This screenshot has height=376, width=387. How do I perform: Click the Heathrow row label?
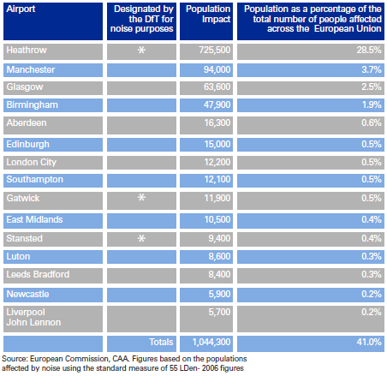[x=27, y=50]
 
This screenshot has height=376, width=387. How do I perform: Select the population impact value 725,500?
[x=215, y=50]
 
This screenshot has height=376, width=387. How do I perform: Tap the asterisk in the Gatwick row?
[x=141, y=197]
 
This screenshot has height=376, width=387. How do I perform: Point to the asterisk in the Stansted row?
[x=141, y=238]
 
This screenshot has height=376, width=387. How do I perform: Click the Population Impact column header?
[x=208, y=14]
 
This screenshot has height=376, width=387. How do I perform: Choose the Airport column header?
[x=21, y=9]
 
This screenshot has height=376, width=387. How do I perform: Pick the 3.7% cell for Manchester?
[x=372, y=69]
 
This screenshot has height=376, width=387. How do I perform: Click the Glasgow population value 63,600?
[x=217, y=87]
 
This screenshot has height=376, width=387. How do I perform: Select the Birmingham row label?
[x=33, y=104]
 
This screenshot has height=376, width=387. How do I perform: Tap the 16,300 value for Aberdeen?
[x=217, y=122]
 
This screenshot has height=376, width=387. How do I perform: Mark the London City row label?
[x=32, y=162]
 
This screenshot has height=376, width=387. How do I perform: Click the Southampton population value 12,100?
[x=217, y=179]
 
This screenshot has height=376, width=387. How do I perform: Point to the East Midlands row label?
[x=34, y=219]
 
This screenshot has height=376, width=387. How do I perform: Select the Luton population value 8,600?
[x=219, y=256]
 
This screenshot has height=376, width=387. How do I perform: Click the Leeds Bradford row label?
[x=38, y=274]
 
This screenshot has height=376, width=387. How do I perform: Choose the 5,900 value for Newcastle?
[x=219, y=294]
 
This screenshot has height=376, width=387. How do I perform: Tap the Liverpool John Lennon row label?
[x=33, y=317]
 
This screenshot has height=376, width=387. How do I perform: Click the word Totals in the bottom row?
[x=161, y=342]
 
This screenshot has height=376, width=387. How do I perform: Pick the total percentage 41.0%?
[x=369, y=342]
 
